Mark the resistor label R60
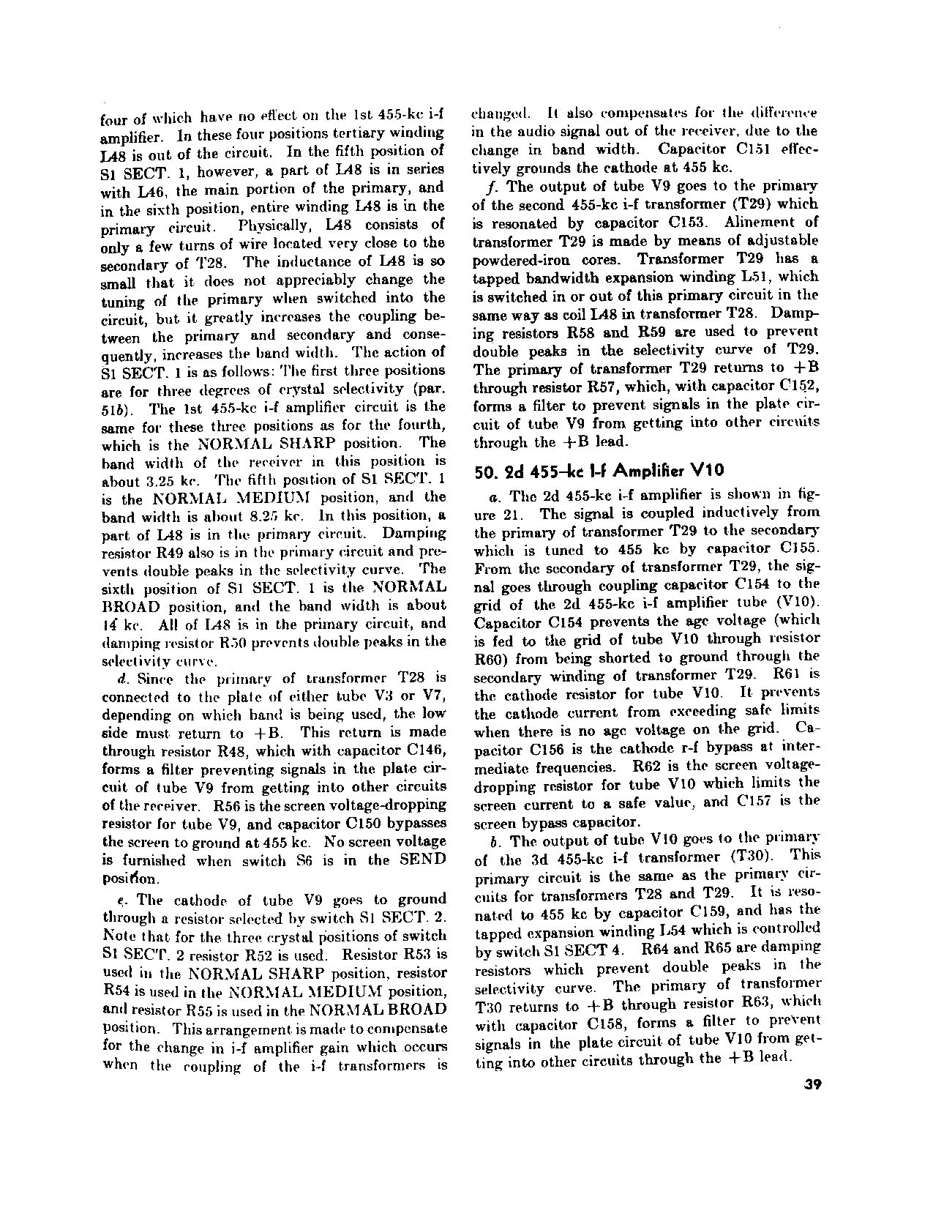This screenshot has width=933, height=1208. click(487, 657)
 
